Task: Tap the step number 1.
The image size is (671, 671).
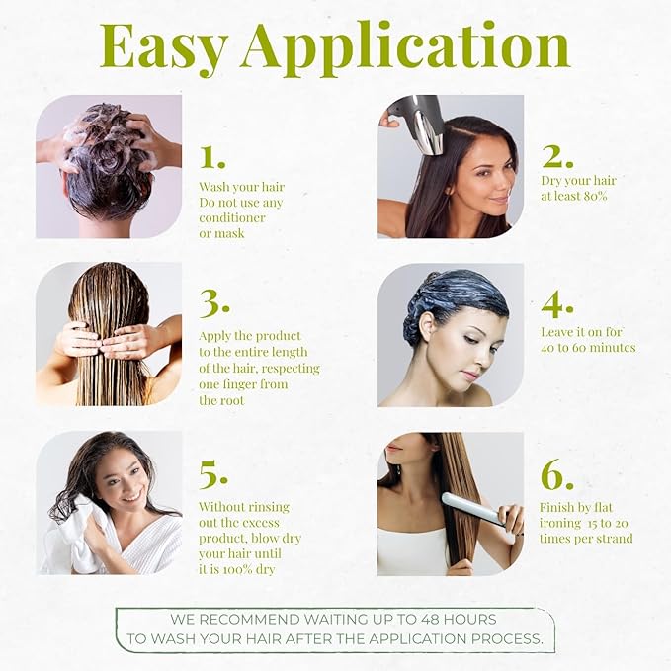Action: tap(212, 156)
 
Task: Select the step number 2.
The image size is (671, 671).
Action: tap(557, 156)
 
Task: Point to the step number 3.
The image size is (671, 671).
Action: tap(214, 302)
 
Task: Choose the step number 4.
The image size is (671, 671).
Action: tap(557, 301)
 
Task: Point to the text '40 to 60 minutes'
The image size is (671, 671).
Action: tap(588, 348)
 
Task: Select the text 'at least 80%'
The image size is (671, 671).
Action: tap(574, 196)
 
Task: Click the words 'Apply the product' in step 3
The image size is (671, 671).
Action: tap(250, 336)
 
